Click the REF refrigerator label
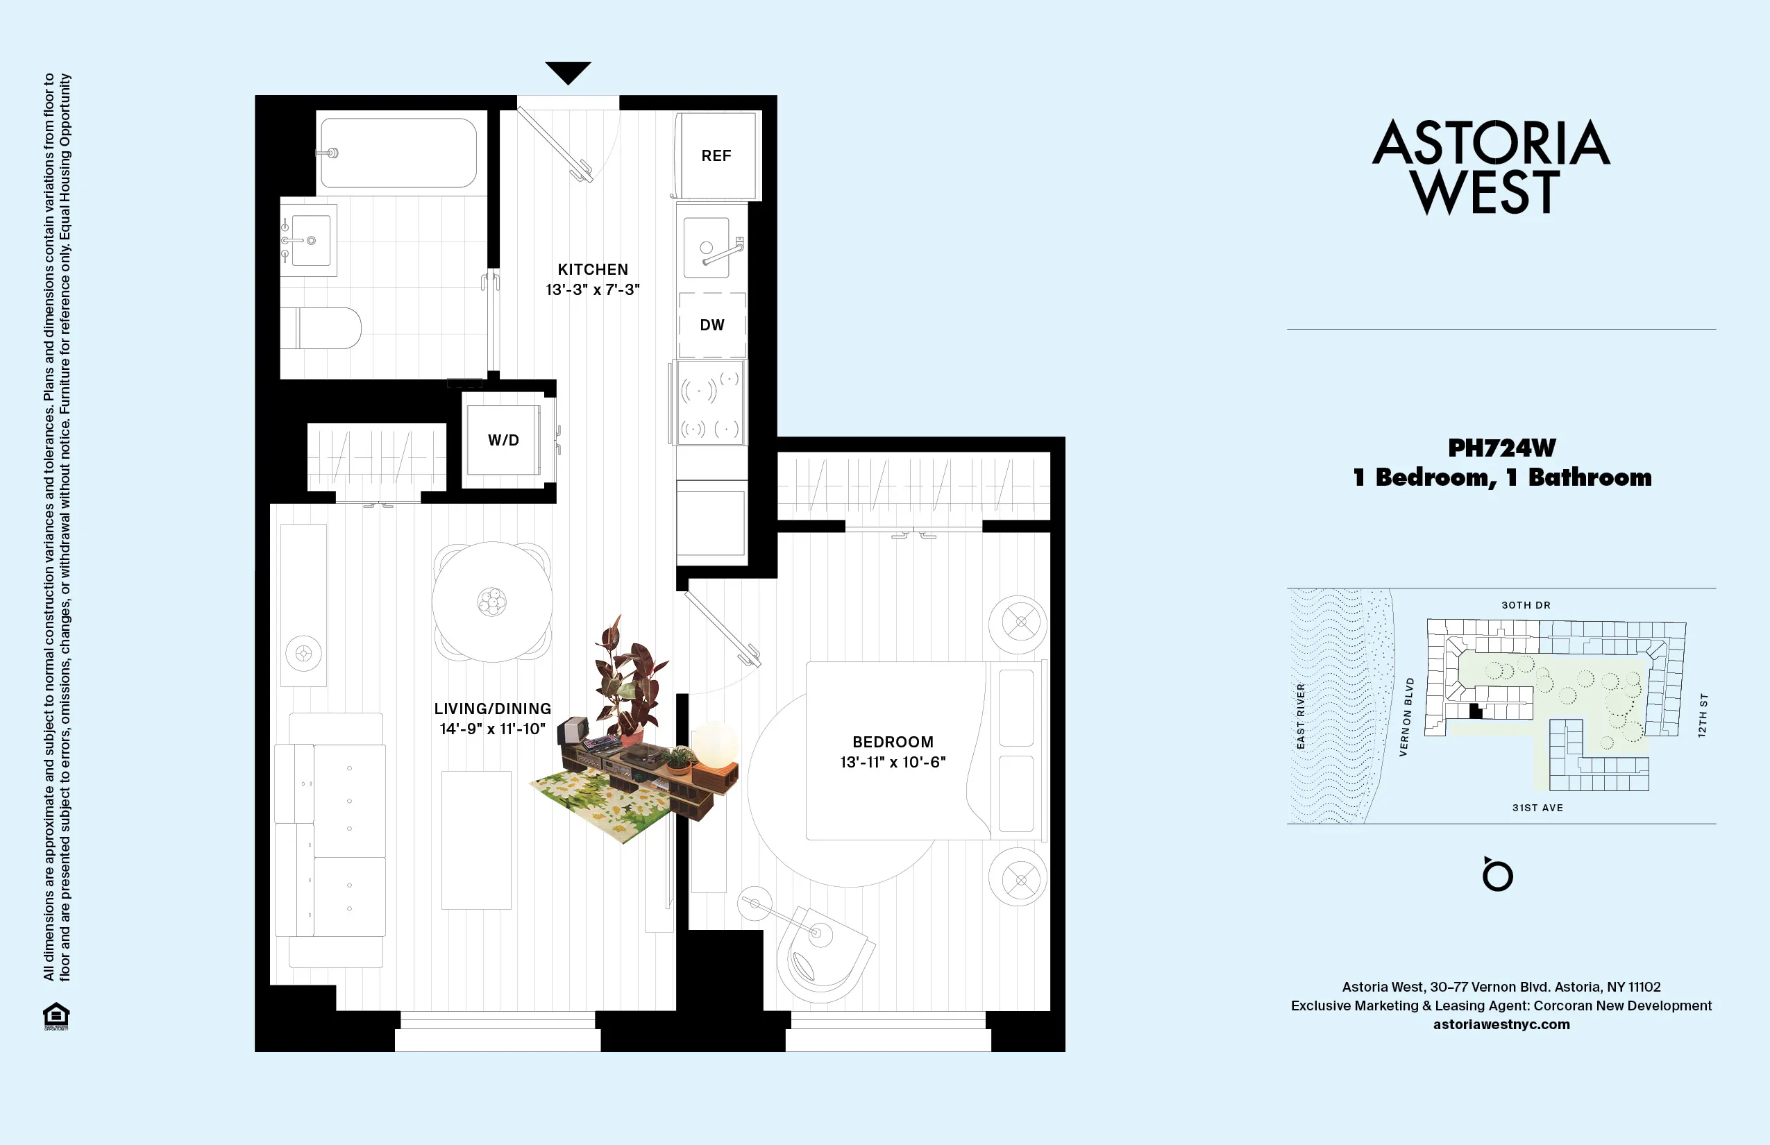[x=716, y=155]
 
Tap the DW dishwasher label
[x=711, y=325]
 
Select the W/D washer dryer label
[x=503, y=440]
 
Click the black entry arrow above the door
[x=568, y=72]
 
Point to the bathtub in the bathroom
[x=398, y=153]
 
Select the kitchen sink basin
[x=706, y=247]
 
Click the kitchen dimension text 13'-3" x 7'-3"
[x=593, y=289]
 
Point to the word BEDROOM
[x=893, y=742]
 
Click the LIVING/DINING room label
[x=492, y=709]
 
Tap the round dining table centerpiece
[x=491, y=602]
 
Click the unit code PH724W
[x=1501, y=448]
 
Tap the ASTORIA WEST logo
[x=1490, y=167]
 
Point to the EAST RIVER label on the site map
[x=1301, y=716]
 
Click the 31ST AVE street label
[x=1537, y=808]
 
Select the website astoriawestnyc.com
[x=1501, y=1024]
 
